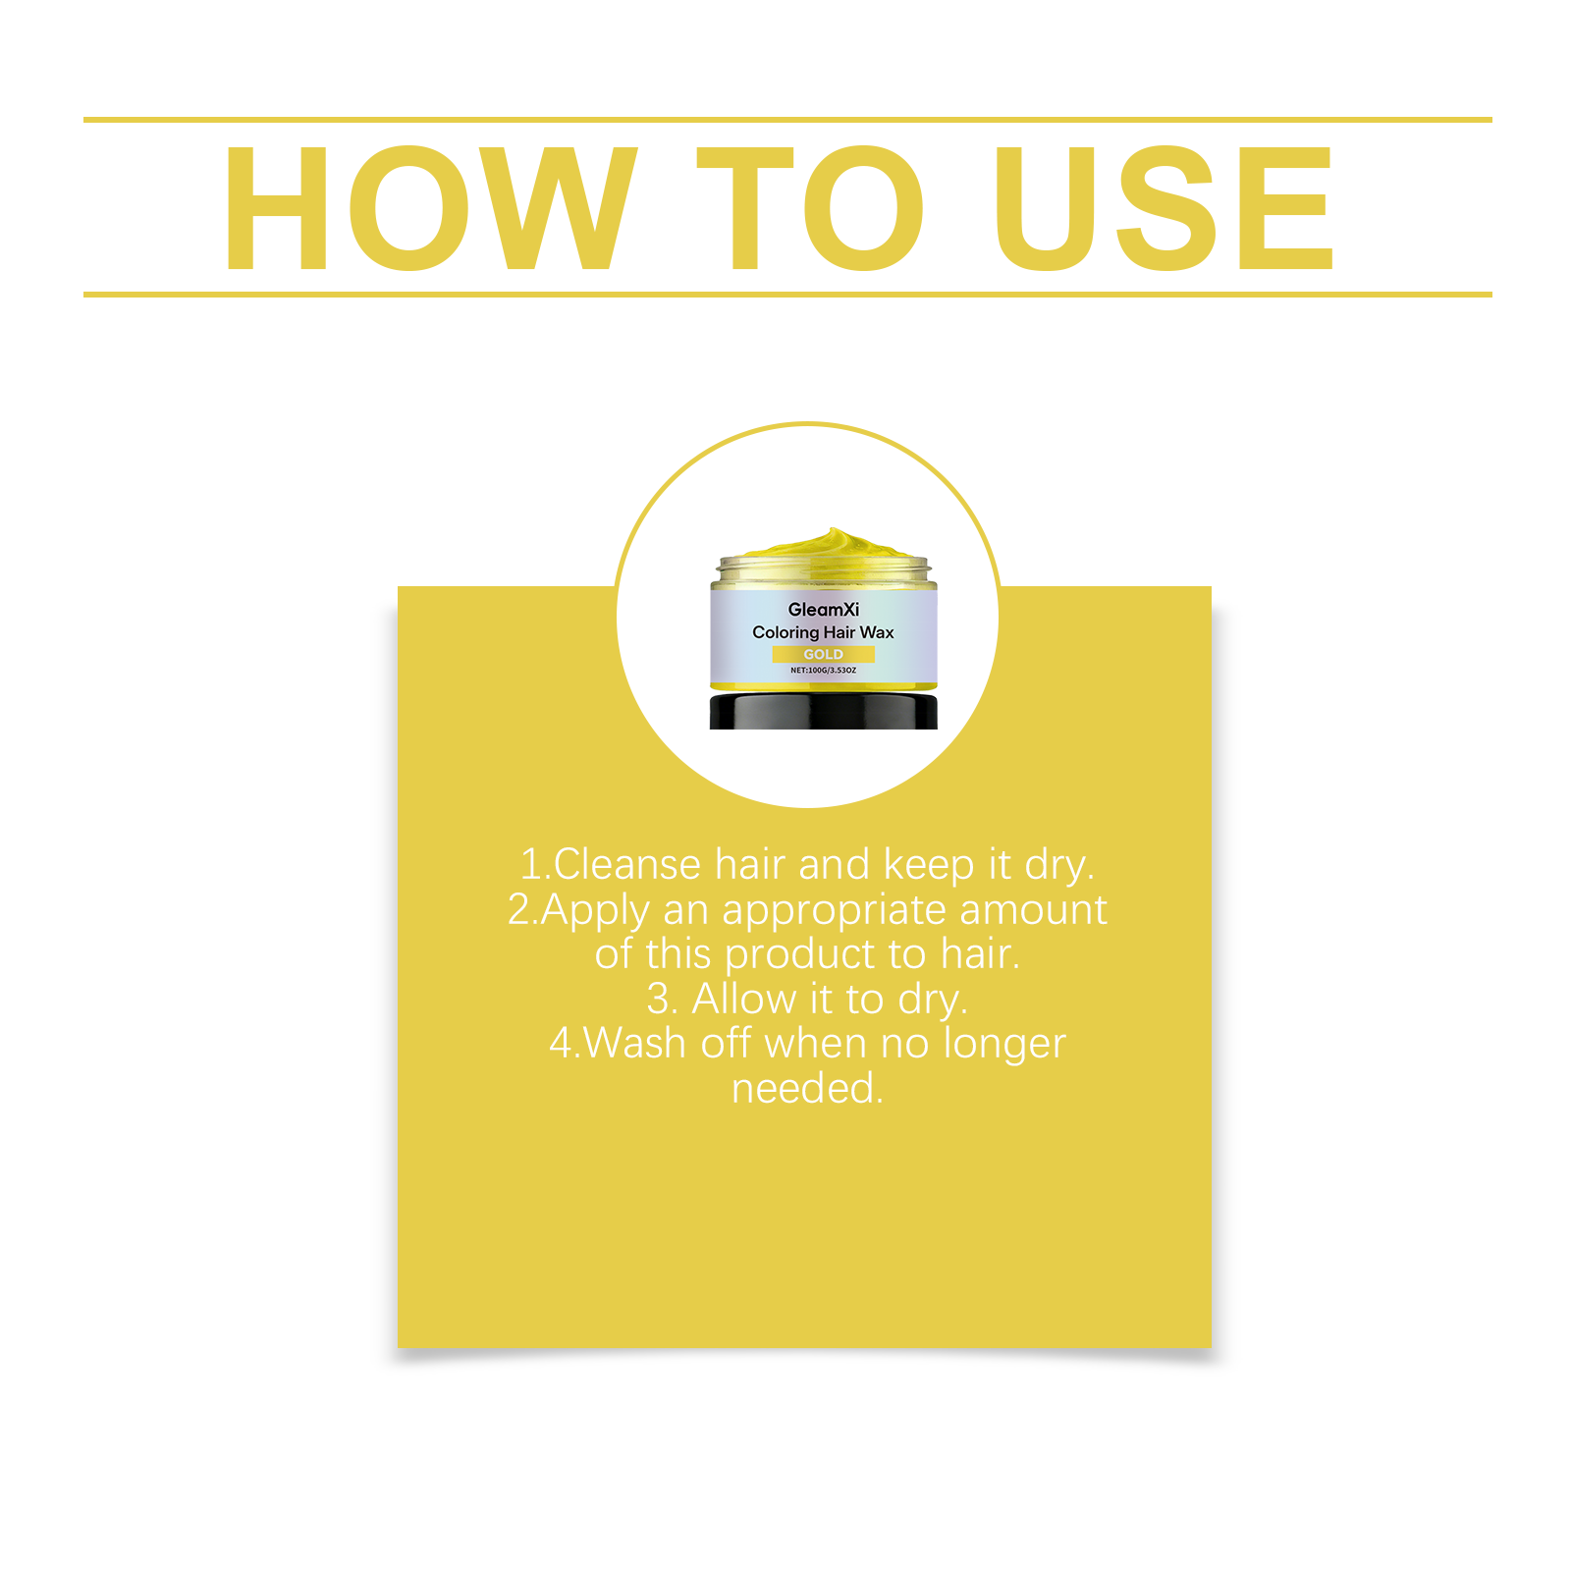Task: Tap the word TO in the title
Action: pos(810,208)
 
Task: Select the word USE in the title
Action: pos(1163,208)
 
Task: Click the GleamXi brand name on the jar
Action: pos(823,610)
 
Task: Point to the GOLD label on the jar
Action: pos(823,655)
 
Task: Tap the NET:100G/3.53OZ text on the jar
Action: pos(823,671)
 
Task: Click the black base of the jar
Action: pos(823,711)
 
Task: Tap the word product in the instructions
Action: pos(800,954)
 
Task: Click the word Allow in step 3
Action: pos(744,1000)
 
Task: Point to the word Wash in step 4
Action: pos(634,1044)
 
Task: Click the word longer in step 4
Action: pos(1003,1046)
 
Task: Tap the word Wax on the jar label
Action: pos(877,632)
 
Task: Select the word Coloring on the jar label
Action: pos(785,633)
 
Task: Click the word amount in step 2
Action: pos(1033,910)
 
